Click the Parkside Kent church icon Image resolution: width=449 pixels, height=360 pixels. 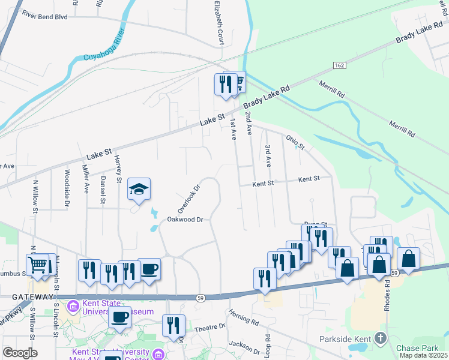pyautogui.click(x=379, y=339)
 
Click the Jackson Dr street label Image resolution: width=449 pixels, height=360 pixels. pyautogui.click(x=244, y=346)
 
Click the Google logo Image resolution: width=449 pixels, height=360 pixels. pyautogui.click(x=20, y=353)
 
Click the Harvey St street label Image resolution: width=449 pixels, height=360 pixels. pyautogui.click(x=119, y=171)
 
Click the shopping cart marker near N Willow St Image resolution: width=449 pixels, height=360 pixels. pyautogui.click(x=37, y=265)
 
